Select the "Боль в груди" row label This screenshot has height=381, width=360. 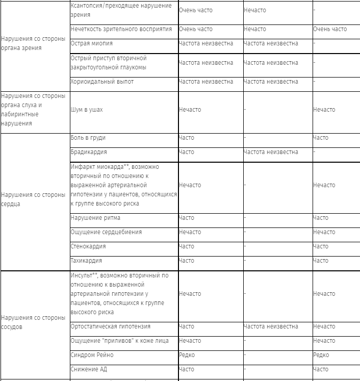coord(88,138)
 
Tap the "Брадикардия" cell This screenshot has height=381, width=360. coord(88,152)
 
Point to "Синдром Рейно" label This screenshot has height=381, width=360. coord(92,355)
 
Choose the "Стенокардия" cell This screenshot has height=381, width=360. coord(88,246)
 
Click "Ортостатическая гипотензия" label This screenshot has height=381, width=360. coord(111,326)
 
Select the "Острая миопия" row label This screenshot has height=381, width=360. coord(91,43)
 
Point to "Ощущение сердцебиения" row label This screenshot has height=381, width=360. coord(106,232)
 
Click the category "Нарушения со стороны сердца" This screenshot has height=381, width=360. coord(33,199)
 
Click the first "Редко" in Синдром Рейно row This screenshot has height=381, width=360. coord(187,355)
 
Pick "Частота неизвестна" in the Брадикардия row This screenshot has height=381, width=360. coord(271,152)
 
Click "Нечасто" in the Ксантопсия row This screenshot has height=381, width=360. coord(254,10)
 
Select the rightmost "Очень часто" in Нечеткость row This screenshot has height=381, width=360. coord(329,29)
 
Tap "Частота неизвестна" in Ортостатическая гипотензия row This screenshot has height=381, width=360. coord(271,326)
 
